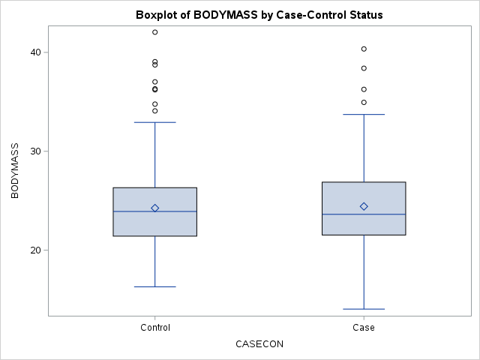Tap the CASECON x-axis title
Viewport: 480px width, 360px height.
coord(259,344)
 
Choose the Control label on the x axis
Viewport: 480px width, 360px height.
coord(155,328)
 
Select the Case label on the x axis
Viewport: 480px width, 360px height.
coord(364,328)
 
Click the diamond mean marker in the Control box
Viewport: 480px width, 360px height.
coord(155,208)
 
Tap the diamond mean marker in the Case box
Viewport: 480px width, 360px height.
coord(364,206)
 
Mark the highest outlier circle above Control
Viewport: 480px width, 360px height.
coord(155,32)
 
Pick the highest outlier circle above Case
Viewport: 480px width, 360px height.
coord(364,49)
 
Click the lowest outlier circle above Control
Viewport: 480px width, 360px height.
coord(155,111)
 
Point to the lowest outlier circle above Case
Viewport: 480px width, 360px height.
coord(364,102)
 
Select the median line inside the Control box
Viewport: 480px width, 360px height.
coord(155,211)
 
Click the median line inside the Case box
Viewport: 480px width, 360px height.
coord(364,214)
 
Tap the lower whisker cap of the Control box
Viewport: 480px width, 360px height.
coord(155,286)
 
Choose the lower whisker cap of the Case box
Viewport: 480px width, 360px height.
coord(364,309)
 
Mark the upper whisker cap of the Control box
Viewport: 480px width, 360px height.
coord(155,122)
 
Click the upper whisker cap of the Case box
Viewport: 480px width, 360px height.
coord(364,115)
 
